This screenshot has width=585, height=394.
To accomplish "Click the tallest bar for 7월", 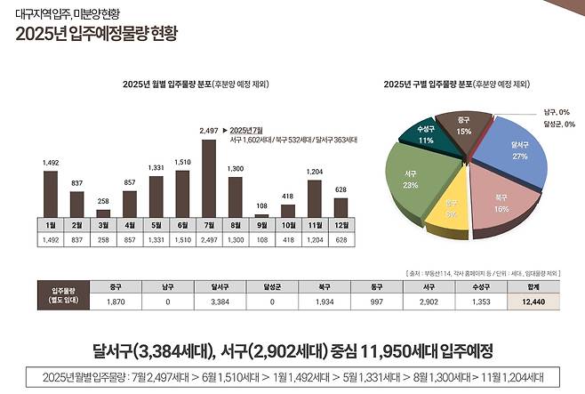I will [x=209, y=178].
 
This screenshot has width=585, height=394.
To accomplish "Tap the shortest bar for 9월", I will [x=261, y=214].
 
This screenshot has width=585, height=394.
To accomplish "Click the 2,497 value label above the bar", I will [x=209, y=131].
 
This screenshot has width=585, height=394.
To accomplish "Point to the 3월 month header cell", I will [x=103, y=225].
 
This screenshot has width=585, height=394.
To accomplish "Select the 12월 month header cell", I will [x=340, y=225].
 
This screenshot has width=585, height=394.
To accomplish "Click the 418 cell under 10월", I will [x=287, y=240].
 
